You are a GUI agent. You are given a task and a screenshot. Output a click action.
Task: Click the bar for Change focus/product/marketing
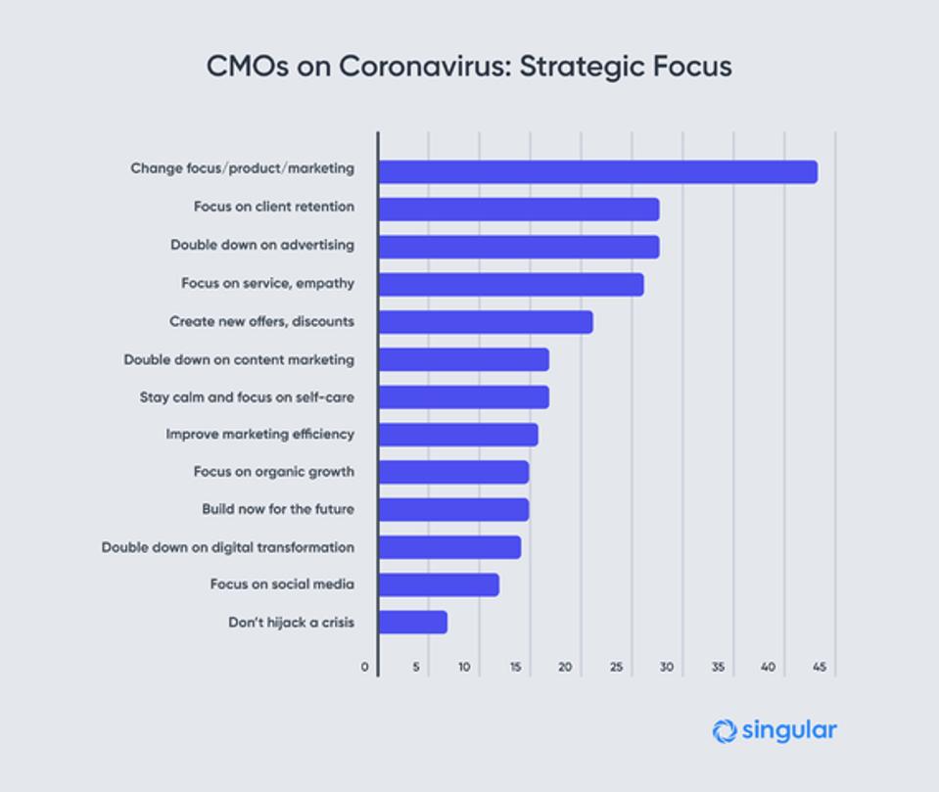click(x=597, y=172)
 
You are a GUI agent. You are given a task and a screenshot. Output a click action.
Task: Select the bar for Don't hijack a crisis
click(x=412, y=623)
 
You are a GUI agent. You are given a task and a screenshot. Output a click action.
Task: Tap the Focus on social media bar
click(x=438, y=584)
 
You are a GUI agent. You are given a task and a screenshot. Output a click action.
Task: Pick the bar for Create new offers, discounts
click(x=485, y=322)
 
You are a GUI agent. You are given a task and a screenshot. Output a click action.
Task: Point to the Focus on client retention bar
click(x=518, y=210)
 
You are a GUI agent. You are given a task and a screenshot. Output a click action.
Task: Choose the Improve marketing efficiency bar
click(x=457, y=435)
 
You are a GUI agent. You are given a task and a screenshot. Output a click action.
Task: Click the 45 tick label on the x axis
click(x=819, y=668)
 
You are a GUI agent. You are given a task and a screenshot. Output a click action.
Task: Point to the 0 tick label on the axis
click(x=365, y=668)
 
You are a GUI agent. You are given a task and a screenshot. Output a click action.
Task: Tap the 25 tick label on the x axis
click(x=616, y=668)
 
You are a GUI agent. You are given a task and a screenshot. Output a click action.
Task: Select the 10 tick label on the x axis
click(x=464, y=668)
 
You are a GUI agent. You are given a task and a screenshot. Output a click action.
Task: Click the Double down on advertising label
click(x=262, y=245)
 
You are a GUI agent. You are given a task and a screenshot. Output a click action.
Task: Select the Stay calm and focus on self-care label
click(x=247, y=397)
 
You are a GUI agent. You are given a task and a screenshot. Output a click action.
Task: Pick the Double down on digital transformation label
click(x=228, y=547)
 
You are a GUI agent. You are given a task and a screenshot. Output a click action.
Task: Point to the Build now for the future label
click(x=278, y=509)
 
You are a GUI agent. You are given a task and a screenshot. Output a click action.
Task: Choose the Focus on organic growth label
click(x=274, y=472)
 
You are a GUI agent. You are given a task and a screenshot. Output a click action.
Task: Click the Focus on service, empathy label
click(x=267, y=284)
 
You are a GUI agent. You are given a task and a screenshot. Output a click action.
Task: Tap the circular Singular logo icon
click(x=725, y=730)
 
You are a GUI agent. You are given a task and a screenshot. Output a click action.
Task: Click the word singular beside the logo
click(x=789, y=730)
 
